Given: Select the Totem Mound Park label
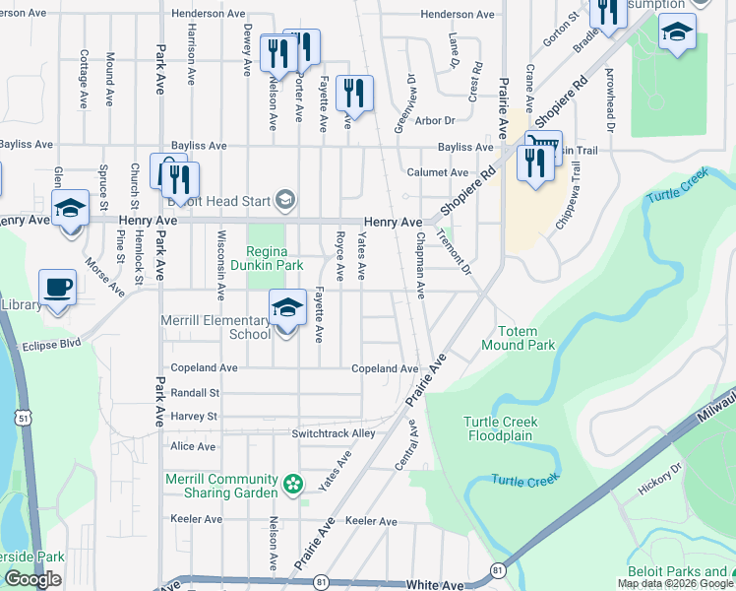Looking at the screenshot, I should click(518, 338).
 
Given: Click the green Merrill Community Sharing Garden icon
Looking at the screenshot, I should click(292, 483).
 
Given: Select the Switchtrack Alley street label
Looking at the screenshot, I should click(334, 433).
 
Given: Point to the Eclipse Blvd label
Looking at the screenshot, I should click(51, 346).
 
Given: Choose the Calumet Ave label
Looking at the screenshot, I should click(437, 171).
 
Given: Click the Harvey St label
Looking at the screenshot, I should click(193, 417).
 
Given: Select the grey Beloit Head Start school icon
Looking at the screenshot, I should click(285, 201).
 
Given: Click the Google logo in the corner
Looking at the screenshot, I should click(32, 579).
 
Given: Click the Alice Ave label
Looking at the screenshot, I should click(193, 446).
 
